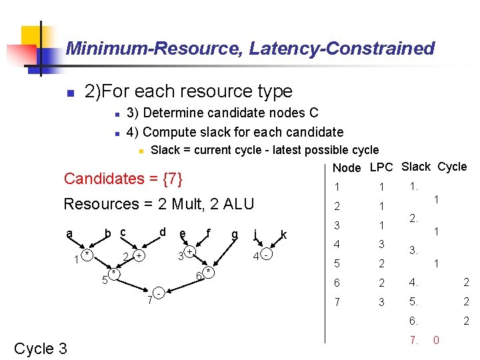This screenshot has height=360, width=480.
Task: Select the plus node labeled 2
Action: [139, 256]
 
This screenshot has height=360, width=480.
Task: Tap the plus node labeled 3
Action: [190, 252]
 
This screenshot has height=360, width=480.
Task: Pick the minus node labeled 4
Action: [266, 255]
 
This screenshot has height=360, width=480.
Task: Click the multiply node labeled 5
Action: [115, 274]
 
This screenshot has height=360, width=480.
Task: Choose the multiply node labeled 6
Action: [209, 272]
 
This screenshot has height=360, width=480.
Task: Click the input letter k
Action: [284, 235]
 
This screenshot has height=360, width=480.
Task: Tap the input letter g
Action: [234, 233]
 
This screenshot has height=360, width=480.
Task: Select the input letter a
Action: [69, 233]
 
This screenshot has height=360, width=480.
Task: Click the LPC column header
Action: [381, 167]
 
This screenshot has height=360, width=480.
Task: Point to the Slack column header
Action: [416, 167]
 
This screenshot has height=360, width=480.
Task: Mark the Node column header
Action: [347, 168]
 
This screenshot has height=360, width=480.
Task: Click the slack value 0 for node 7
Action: [436, 340]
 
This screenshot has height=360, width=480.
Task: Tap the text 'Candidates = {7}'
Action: [123, 179]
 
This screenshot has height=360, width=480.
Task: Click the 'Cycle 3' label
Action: [41, 348]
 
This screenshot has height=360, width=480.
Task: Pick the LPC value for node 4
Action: [381, 245]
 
